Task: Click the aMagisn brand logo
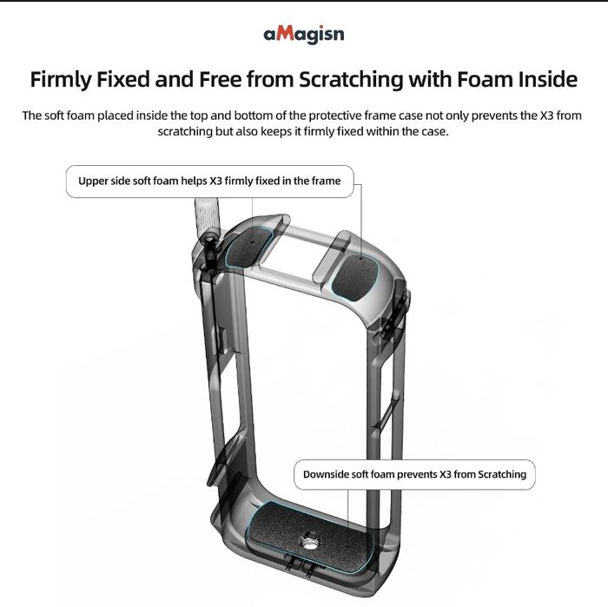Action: (304, 35)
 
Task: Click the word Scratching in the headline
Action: (351, 79)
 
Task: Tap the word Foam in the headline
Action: (484, 79)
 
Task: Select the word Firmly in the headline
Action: (60, 79)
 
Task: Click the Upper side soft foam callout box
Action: (210, 181)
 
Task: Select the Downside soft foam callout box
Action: (414, 474)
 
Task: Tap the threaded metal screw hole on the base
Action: (308, 539)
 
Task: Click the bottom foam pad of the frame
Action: (309, 535)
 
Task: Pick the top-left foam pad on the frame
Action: (248, 247)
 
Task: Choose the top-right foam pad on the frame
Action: (354, 277)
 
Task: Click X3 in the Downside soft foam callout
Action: (445, 474)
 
